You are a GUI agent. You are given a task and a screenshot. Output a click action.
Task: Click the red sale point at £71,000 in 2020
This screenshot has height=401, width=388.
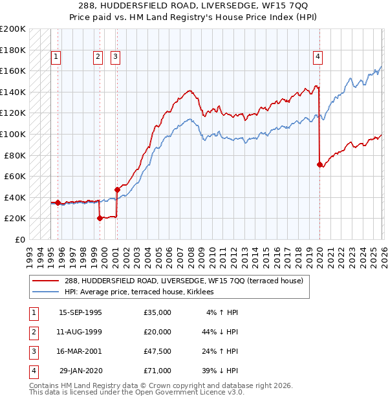point(319,165)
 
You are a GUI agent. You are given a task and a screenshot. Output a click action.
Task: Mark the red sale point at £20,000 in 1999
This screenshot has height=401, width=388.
point(100,218)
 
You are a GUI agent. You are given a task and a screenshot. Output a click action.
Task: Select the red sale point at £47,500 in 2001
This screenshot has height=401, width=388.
point(117,190)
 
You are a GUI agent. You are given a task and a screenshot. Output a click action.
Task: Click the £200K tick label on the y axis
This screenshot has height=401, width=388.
point(13,29)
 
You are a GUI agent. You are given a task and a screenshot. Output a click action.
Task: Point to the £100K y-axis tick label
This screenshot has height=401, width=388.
point(13,134)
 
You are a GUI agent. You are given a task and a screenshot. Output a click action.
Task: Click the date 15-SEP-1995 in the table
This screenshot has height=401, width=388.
point(80,312)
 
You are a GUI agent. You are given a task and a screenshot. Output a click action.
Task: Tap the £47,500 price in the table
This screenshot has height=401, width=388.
point(158,351)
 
